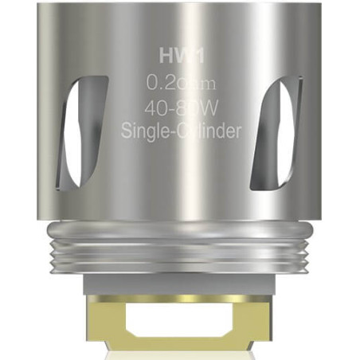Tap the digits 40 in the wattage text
pos(155,108)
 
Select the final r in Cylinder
pos(237,131)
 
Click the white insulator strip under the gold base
pos(179,354)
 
